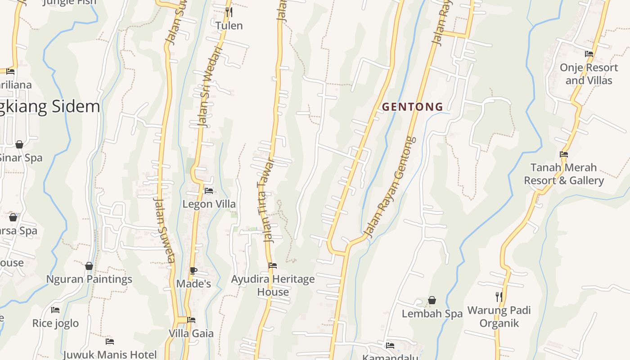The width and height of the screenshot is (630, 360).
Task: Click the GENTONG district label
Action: pos(413,107)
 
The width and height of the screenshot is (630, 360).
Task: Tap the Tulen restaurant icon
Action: pos(229,12)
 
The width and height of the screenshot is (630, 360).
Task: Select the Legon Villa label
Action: pos(209,204)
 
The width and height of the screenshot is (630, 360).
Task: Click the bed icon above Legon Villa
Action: pos(209,190)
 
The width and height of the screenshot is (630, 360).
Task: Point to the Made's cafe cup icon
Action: pos(193,270)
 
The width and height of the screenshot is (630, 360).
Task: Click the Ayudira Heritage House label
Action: pos(273,285)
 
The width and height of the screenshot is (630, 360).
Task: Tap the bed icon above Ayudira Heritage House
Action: pos(273,265)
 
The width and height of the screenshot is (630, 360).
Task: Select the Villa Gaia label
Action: pos(191,333)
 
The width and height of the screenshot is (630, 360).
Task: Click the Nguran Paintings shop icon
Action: pos(89,266)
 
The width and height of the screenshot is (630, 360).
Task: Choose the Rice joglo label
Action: pos(55,323)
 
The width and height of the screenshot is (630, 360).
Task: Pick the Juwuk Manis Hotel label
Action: pos(110,354)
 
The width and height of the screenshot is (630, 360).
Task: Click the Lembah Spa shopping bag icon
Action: pos(432,300)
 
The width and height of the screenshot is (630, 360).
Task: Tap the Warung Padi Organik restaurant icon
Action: pos(499,297)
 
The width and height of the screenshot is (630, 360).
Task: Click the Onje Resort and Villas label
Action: pos(589,74)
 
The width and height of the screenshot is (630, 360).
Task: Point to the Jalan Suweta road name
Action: pos(164,229)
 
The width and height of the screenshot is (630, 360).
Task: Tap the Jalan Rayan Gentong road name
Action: pos(389,187)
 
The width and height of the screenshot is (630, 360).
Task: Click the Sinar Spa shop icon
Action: pos(19,144)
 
